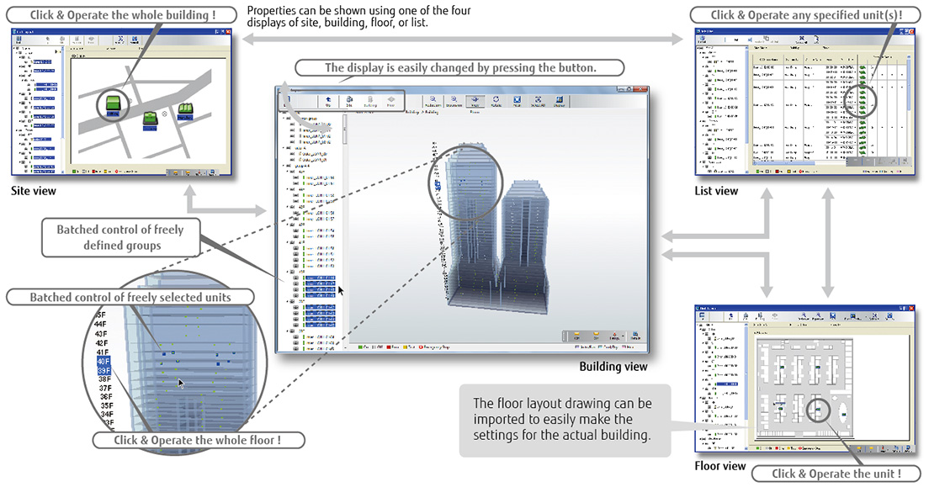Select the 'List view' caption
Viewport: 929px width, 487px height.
(x=716, y=191)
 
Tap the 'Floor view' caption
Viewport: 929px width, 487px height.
(x=720, y=465)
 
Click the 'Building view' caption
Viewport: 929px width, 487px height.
(x=613, y=367)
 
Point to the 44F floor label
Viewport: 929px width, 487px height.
(x=100, y=323)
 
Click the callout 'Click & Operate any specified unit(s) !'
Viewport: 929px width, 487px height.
(x=806, y=15)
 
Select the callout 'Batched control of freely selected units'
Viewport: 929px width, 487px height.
(x=130, y=297)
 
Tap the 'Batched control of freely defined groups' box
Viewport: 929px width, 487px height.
(x=120, y=236)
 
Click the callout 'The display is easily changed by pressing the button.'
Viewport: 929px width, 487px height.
(x=459, y=67)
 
